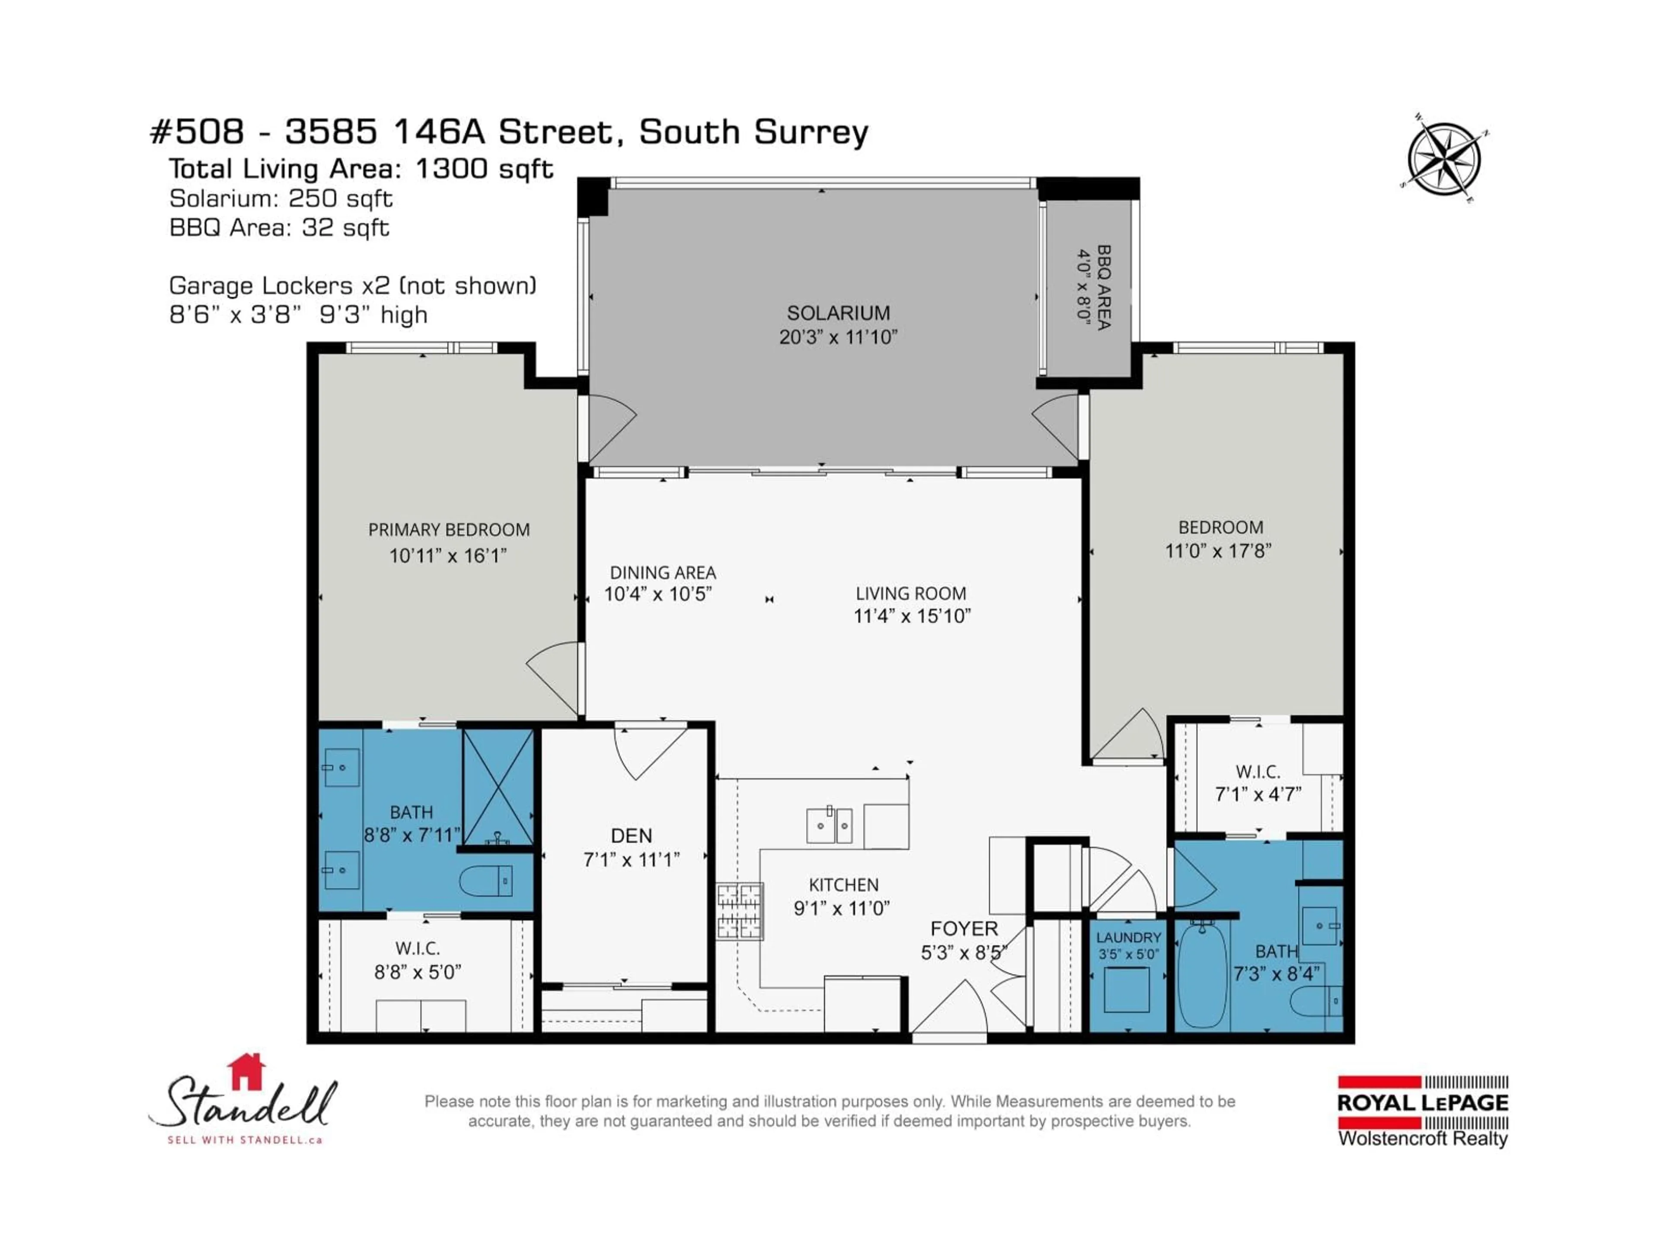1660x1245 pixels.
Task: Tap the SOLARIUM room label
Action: tap(838, 313)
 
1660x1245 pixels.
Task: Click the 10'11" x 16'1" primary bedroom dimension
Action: tap(448, 555)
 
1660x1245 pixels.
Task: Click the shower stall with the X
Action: tap(498, 786)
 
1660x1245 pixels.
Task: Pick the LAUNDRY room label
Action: tap(1128, 937)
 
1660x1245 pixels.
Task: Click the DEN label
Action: tap(631, 835)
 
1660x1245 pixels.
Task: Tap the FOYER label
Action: tap(964, 928)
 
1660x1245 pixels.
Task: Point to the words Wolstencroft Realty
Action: tap(1422, 1138)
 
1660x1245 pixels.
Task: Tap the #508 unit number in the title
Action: tap(198, 132)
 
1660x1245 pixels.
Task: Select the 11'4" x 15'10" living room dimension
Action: tap(912, 616)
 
